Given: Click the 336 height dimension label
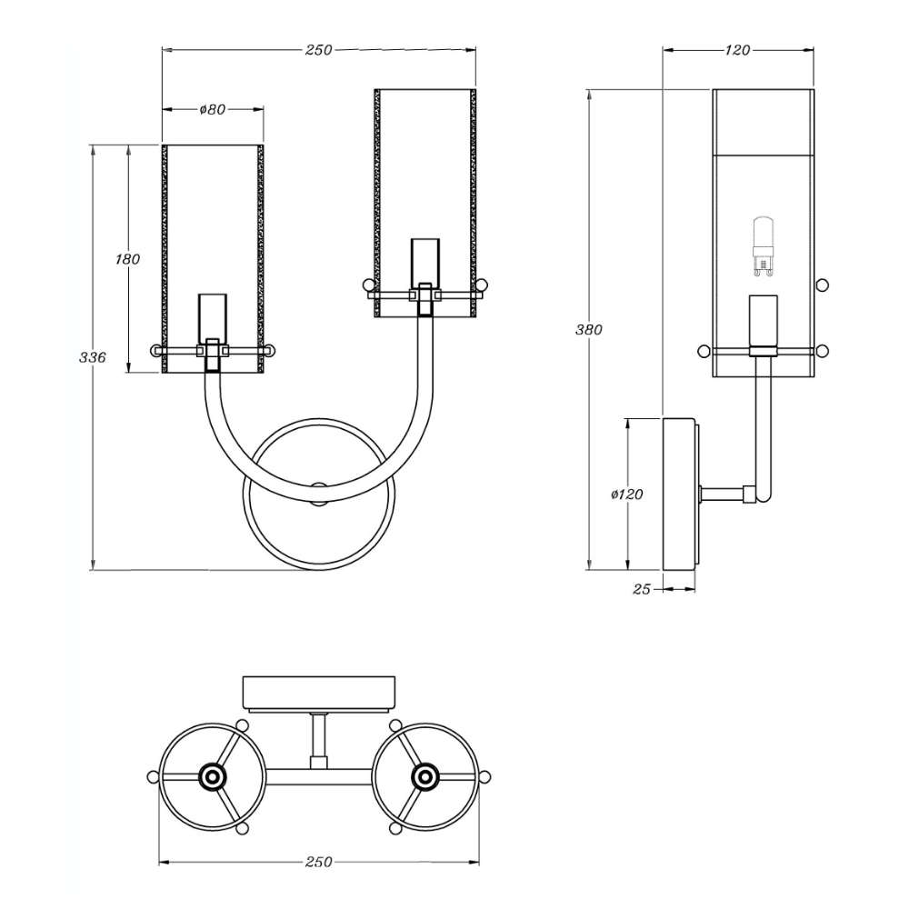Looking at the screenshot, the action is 93,357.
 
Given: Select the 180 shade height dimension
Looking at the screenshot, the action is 127,259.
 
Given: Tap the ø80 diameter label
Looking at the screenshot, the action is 212,109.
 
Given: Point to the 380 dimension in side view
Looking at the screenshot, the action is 589,329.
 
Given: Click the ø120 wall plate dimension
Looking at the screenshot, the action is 627,494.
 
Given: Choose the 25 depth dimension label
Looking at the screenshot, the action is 642,589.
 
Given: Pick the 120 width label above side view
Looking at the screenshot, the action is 737,50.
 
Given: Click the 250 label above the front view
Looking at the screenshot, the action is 319,50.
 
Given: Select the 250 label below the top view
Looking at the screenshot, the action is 319,862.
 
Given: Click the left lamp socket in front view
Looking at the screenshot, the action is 212,332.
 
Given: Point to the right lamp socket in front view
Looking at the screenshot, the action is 425,276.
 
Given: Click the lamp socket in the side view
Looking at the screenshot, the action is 763,325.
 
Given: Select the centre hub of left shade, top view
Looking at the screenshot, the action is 212,776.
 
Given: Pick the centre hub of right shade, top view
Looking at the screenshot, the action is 425,776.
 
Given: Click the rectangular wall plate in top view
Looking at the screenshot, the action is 319,694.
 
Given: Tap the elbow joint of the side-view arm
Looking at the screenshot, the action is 749,494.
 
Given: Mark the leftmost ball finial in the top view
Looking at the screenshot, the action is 153,776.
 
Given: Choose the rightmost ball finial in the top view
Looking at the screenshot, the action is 485,776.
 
